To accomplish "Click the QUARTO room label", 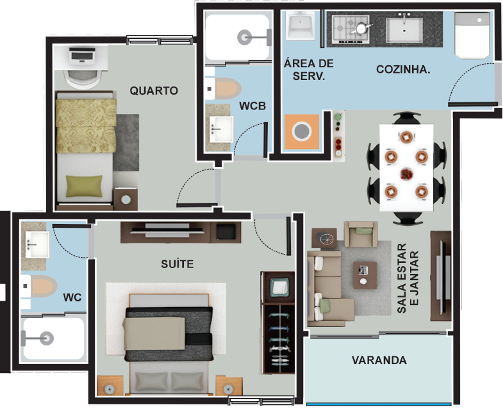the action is click(154, 91).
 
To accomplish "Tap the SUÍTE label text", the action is click(177, 264).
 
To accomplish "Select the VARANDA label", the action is click(379, 360).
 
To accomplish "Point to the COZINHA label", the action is click(403, 69).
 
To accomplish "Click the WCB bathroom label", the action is click(252, 106).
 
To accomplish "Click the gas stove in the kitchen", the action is click(351, 29).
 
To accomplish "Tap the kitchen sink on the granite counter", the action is click(404, 29).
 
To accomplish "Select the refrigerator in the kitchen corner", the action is click(472, 36).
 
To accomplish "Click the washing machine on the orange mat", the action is click(302, 131).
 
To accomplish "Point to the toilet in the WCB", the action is click(224, 89).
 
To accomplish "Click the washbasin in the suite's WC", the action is click(37, 244).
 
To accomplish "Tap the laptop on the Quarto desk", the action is click(82, 56).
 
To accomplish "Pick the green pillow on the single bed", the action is click(84, 186).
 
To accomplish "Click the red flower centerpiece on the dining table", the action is click(406, 174).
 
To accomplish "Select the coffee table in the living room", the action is click(365, 275).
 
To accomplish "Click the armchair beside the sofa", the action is click(361, 234).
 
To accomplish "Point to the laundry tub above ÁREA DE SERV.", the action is click(300, 26).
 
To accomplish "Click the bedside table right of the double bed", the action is click(229, 386).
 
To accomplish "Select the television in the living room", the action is click(443, 277).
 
